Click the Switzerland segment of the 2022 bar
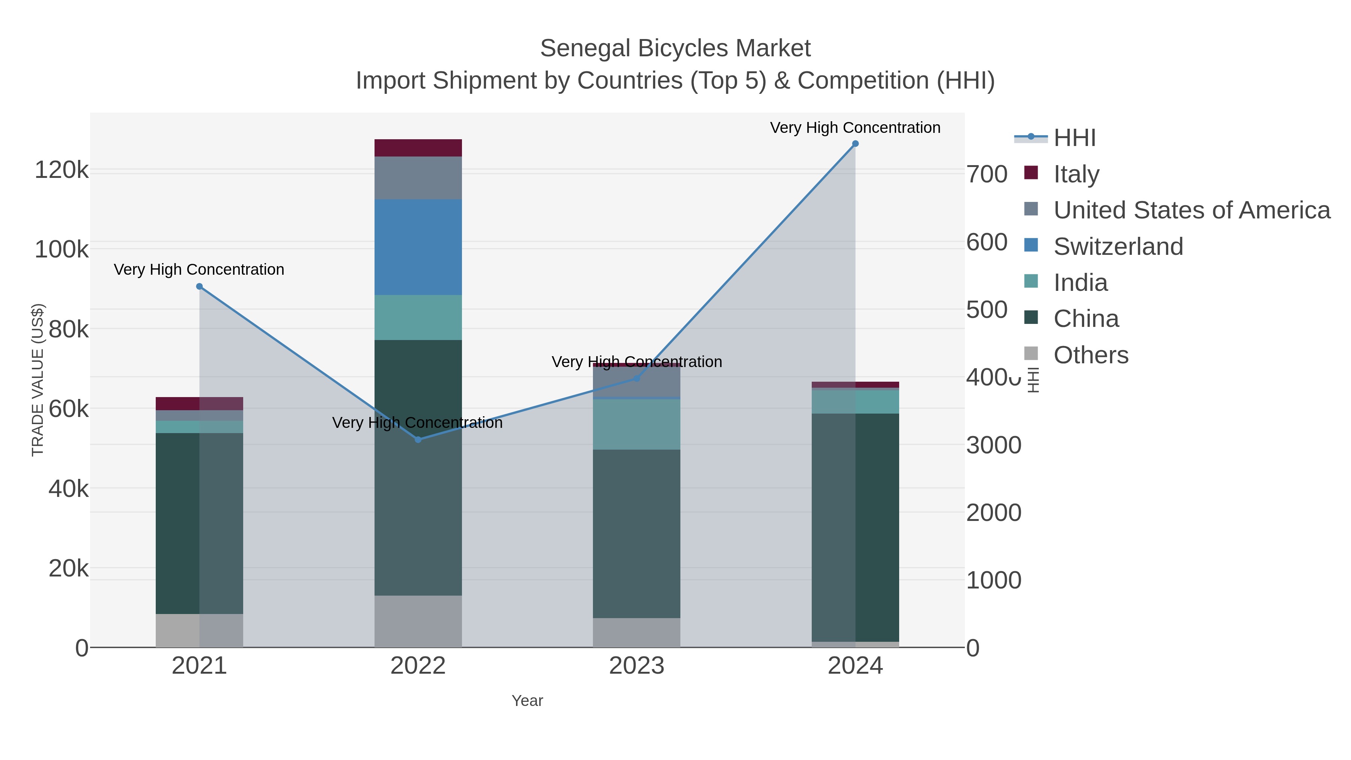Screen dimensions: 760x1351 click(x=418, y=247)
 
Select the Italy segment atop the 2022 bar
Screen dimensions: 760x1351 click(x=418, y=148)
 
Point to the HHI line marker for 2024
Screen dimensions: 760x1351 click(x=855, y=144)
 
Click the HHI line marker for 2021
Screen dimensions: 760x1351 click(x=199, y=286)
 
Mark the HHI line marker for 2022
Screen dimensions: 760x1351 click(x=418, y=439)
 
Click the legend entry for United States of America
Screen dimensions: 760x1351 click(x=1191, y=210)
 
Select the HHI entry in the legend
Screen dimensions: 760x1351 click(x=1074, y=138)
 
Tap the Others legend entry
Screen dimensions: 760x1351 click(x=1090, y=355)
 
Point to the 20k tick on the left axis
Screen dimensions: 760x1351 click(x=69, y=568)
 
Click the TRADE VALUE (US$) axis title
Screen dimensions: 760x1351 click(x=38, y=380)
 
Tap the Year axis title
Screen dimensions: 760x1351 click(x=527, y=701)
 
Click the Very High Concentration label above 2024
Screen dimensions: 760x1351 click(x=855, y=128)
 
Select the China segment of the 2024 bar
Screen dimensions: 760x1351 click(x=855, y=527)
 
